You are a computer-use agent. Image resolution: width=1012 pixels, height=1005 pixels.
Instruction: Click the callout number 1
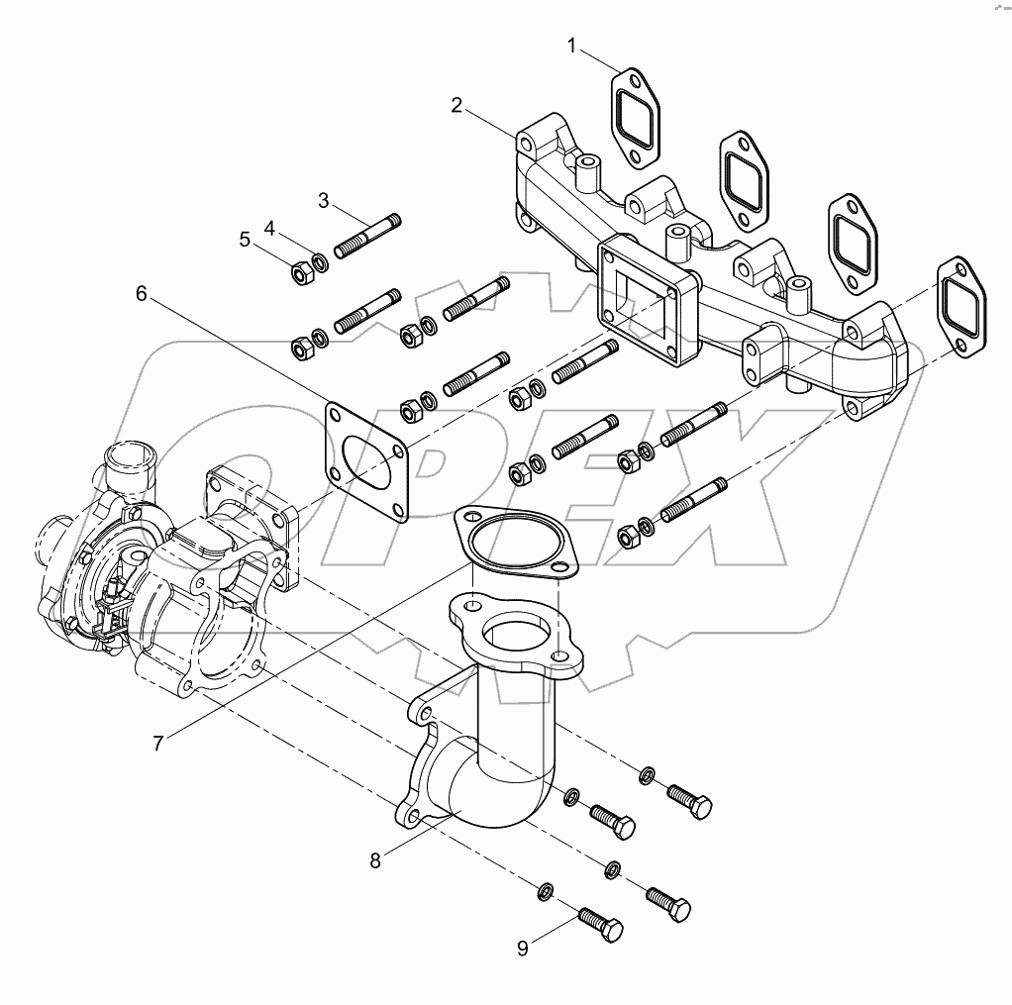[571, 46]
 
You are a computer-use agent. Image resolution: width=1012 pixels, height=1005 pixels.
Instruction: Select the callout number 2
[456, 106]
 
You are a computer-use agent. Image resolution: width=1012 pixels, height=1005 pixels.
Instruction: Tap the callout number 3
[323, 201]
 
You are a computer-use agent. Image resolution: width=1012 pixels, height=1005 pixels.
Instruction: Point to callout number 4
[268, 228]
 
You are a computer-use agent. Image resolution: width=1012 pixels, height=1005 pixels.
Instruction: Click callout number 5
[244, 239]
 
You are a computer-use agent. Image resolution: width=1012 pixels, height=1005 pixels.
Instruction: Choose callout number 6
[141, 293]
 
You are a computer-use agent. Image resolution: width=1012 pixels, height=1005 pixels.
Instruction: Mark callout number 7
[158, 742]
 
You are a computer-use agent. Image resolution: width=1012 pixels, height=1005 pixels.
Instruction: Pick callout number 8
[375, 860]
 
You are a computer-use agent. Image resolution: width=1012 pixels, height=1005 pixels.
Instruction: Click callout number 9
[523, 948]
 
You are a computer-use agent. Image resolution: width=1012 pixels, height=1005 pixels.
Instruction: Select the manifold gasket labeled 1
[633, 114]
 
